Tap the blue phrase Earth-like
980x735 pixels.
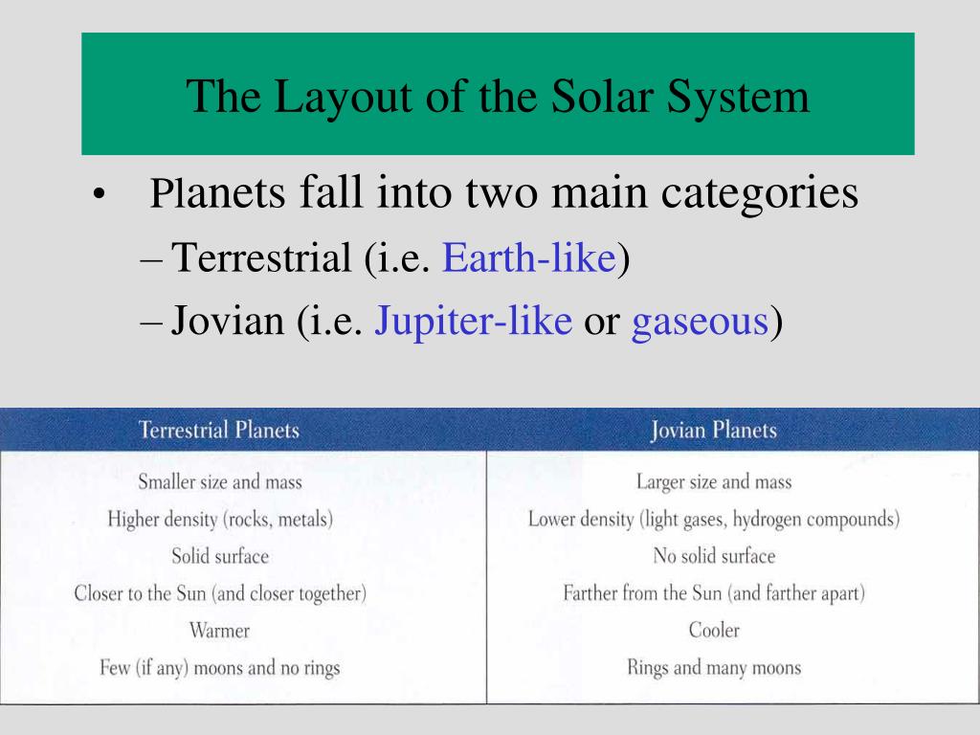(529, 256)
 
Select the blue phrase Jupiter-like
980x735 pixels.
(473, 322)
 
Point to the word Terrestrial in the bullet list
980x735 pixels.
(261, 256)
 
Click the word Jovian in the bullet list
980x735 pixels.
(228, 321)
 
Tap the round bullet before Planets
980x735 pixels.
(98, 195)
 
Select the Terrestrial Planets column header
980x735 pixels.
(219, 430)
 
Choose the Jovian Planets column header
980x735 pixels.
(714, 431)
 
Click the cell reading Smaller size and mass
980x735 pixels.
(220, 482)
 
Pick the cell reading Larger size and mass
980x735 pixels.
(714, 482)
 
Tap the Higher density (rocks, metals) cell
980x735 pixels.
(220, 520)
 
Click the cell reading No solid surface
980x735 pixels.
(714, 556)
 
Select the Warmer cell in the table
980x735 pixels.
(219, 630)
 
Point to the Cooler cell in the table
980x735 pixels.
(714, 630)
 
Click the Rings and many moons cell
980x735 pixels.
(714, 667)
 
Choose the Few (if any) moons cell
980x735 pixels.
(220, 668)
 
